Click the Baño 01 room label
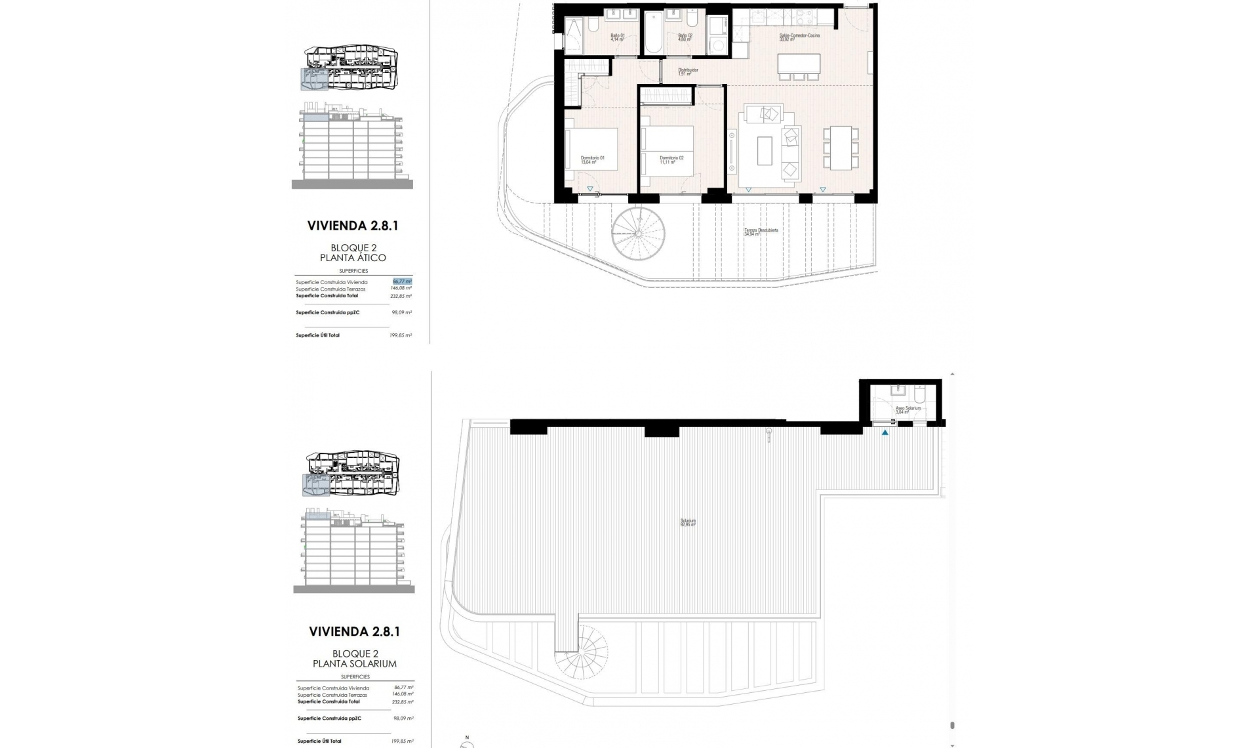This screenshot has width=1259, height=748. tap(618, 37)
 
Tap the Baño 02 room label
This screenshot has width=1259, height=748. tap(685, 37)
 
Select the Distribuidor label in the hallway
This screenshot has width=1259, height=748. tap(688, 71)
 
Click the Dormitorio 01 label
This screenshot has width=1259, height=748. tap(592, 159)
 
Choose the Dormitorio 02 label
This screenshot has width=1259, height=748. tap(671, 159)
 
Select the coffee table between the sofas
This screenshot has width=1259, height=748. tap(765, 150)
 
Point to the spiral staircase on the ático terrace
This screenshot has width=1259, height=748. tap(637, 234)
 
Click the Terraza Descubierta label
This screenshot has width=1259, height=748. tap(761, 232)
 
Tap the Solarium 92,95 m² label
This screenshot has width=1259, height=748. tap(687, 523)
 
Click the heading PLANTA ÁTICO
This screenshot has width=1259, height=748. tap(353, 258)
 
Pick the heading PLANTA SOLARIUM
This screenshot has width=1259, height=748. tap(354, 663)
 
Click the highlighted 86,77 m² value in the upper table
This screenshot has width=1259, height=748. tap(402, 281)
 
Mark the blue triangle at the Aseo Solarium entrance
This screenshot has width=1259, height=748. tap(885, 432)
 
